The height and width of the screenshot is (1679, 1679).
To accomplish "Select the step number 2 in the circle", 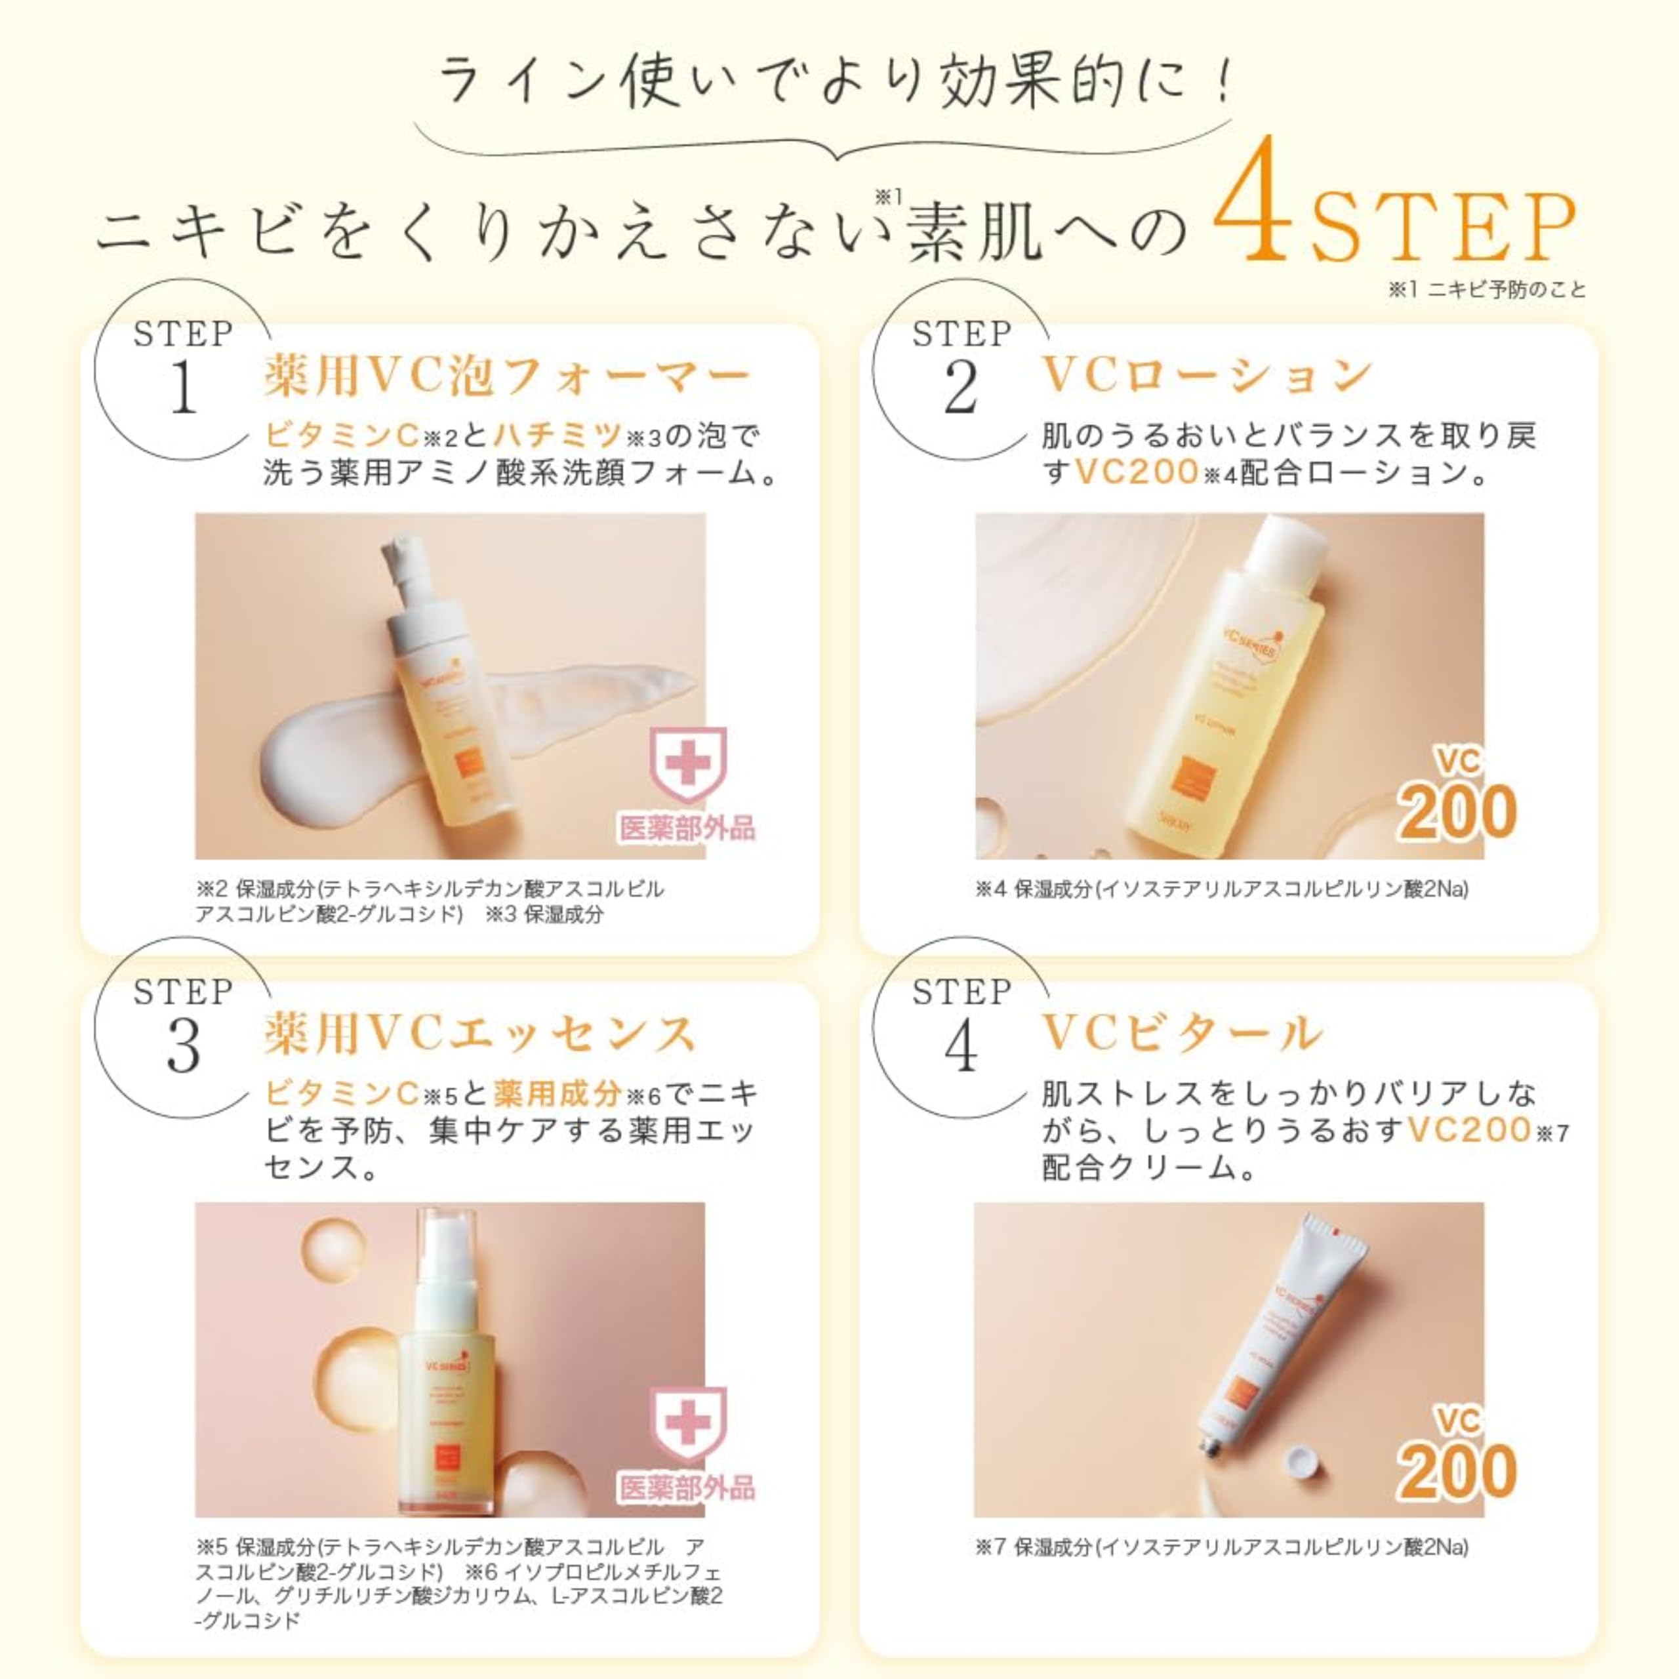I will coord(961,388).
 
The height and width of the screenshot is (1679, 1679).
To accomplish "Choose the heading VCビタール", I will coord(1182,1034).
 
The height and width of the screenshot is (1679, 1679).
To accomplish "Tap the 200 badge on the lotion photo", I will coord(1457,813).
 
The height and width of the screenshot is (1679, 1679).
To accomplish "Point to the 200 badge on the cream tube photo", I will coord(1457,1471).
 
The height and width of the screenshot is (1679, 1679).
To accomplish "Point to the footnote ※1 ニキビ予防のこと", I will coord(1487,289).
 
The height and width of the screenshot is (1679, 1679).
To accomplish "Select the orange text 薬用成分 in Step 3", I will coord(558,1093).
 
